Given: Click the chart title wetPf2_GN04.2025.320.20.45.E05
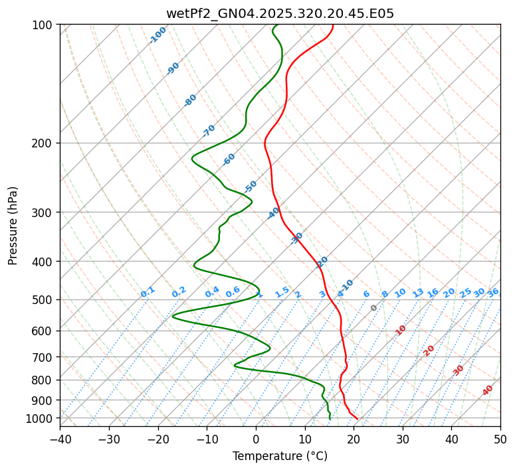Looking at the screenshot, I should click(280, 13).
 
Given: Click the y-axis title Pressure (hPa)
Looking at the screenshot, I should click(13, 226).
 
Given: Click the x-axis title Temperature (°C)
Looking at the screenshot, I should click(280, 456).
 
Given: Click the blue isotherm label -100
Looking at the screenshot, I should click(157, 35).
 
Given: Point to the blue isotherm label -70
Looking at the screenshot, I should click(209, 131).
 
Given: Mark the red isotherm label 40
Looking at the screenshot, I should click(488, 390).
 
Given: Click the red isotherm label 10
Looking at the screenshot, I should click(401, 330).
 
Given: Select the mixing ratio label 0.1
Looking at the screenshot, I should click(148, 292).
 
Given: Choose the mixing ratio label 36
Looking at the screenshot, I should click(493, 292).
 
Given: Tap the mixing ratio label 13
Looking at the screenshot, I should click(418, 293).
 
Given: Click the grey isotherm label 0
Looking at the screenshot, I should click(374, 308).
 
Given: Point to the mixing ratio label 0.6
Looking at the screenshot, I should click(233, 292).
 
